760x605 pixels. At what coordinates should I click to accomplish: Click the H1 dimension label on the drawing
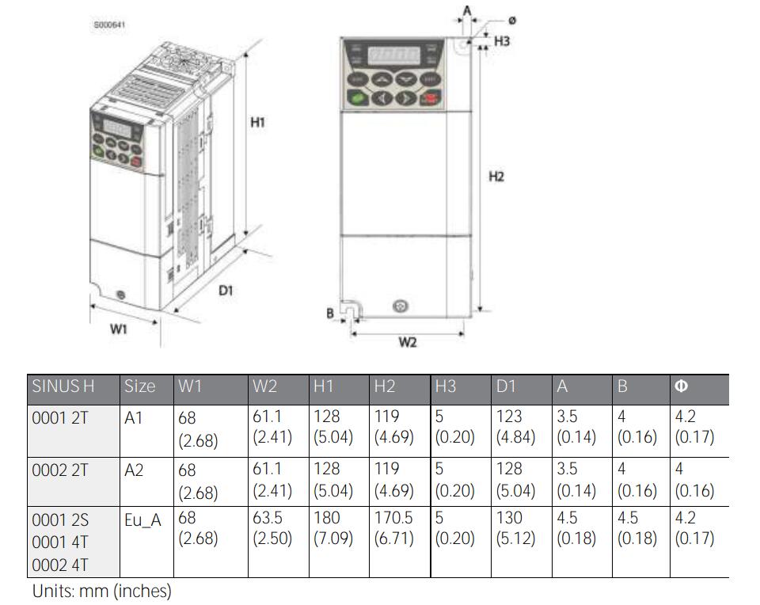click(x=257, y=123)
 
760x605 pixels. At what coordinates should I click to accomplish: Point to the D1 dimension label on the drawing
click(x=226, y=290)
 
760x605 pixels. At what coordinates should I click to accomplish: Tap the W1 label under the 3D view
click(x=118, y=329)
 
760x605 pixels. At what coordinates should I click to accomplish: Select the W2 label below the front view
click(x=407, y=342)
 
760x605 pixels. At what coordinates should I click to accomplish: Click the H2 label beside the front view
click(x=496, y=177)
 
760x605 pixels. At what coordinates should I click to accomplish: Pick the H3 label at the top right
click(x=502, y=40)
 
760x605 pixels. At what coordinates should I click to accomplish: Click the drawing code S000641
click(x=110, y=25)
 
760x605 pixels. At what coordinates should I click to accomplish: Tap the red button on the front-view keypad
click(x=431, y=99)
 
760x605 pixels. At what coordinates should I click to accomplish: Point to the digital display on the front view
click(x=394, y=57)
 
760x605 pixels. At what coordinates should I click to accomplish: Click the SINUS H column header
click(x=63, y=386)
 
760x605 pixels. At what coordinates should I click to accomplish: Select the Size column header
click(x=140, y=386)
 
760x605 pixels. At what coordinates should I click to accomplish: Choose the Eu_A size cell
click(x=142, y=519)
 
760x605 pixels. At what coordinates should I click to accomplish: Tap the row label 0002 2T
click(x=60, y=470)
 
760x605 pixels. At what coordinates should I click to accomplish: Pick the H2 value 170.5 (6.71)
click(x=393, y=528)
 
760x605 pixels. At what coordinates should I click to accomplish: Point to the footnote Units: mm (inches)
click(x=102, y=591)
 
